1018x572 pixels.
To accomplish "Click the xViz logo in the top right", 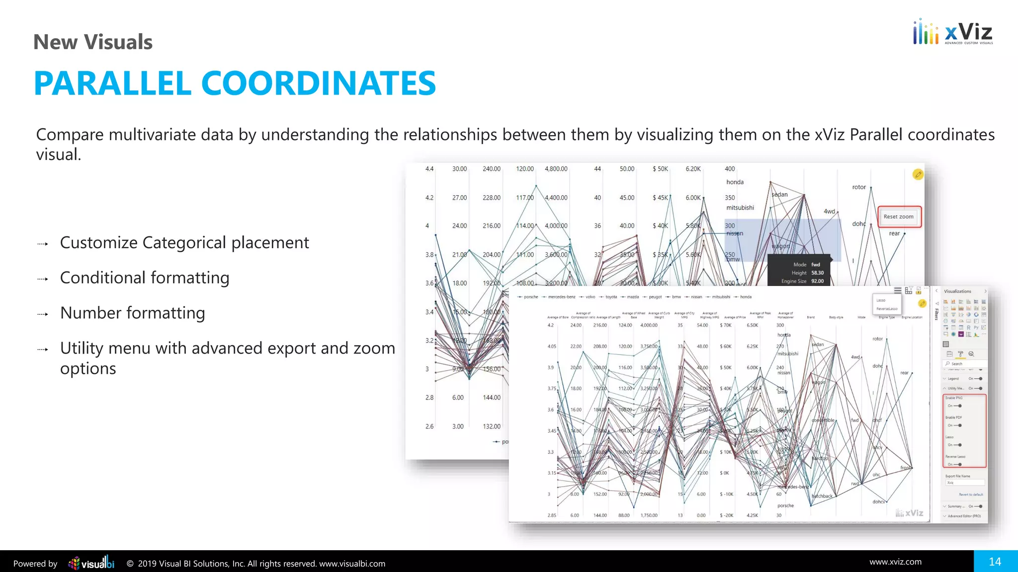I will click(952, 33).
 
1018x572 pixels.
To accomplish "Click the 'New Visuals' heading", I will click(93, 42).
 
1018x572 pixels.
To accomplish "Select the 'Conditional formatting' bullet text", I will click(145, 278).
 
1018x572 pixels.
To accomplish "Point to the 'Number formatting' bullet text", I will click(133, 313).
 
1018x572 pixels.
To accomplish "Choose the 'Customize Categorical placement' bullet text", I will click(184, 243).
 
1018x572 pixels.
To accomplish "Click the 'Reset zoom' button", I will click(899, 217).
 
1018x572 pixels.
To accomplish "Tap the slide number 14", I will click(995, 562).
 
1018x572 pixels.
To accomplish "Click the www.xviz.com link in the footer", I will click(895, 562).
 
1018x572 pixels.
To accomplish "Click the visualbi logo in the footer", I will click(91, 563).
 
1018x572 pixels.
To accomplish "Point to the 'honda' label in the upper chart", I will click(735, 182).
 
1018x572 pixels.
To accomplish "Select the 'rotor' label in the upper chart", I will click(859, 187).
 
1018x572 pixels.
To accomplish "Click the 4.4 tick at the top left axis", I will click(429, 169).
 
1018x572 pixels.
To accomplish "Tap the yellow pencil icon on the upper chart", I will click(918, 174).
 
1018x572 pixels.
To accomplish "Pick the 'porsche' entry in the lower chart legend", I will click(530, 297).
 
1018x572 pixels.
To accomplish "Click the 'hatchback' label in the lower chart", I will click(822, 496).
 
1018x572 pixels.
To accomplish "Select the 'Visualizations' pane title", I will click(957, 291).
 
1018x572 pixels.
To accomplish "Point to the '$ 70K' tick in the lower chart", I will click(726, 325).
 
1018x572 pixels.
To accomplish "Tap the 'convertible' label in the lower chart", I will click(823, 420).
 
